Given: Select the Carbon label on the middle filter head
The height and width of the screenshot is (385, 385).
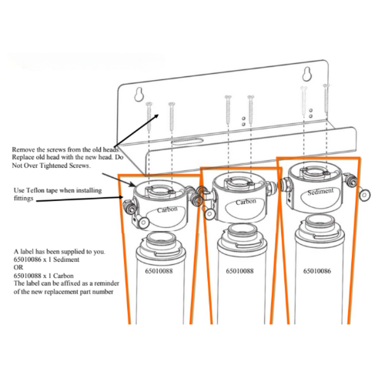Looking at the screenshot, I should [246, 201].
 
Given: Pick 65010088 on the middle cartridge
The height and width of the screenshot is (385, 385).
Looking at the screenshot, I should [240, 271].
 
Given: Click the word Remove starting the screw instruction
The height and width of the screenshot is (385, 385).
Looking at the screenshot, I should [26, 148].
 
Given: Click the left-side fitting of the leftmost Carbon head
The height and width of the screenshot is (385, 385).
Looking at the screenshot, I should [126, 205].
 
